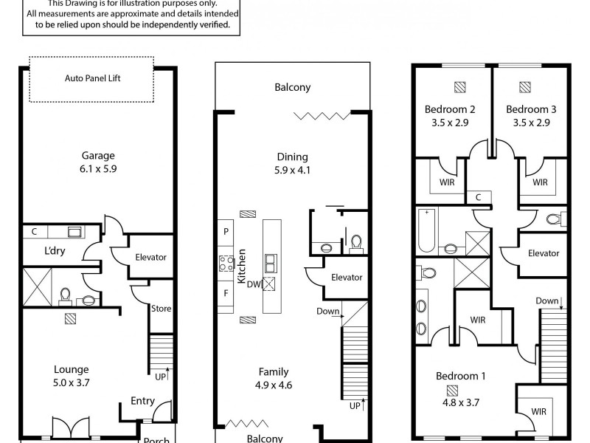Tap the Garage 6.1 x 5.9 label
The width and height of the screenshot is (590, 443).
98,162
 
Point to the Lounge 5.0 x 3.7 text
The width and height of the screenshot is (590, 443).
72,376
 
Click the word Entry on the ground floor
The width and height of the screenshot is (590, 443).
142,401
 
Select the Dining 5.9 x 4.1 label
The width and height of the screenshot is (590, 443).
292,163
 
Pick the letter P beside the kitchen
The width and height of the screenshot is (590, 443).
225,231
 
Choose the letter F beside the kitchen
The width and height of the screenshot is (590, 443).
225,292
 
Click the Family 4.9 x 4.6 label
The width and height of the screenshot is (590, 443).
273,378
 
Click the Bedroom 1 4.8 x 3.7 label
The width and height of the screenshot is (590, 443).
460,382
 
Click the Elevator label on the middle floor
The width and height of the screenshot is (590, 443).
347,278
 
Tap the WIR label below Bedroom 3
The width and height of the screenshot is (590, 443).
540,182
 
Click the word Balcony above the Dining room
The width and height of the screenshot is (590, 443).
293,87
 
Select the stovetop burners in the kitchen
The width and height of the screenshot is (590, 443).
225,261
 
